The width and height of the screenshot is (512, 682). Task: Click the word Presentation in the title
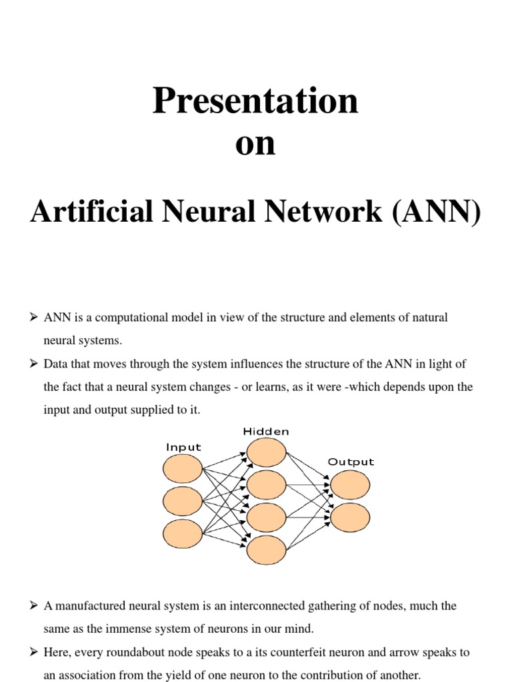[x=255, y=102]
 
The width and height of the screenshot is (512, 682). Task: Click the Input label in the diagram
[x=183, y=448]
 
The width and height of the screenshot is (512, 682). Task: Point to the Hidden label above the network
[x=266, y=432]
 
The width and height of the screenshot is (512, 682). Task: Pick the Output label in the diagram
[x=351, y=462]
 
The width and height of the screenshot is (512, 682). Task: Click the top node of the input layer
[x=182, y=468]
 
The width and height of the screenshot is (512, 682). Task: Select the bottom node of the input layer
[x=182, y=533]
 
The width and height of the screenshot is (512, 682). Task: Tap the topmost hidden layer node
[x=266, y=452]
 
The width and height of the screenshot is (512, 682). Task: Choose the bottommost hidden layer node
[x=266, y=550]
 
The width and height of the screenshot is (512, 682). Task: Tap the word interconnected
[x=265, y=605]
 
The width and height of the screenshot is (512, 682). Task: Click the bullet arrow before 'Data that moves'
[x=35, y=364]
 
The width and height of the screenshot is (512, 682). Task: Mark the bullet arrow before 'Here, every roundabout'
[x=35, y=652]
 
